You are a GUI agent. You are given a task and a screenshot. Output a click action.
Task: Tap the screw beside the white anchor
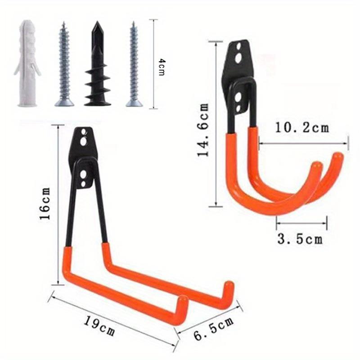coord(64,65)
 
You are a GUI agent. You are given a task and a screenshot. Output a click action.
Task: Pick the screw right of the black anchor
coord(134,65)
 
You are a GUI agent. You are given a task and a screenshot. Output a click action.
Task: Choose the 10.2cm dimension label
coord(302,127)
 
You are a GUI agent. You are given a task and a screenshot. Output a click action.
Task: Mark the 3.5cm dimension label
coord(299,238)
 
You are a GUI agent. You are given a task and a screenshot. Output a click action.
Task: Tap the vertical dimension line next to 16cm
coord(58,205)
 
